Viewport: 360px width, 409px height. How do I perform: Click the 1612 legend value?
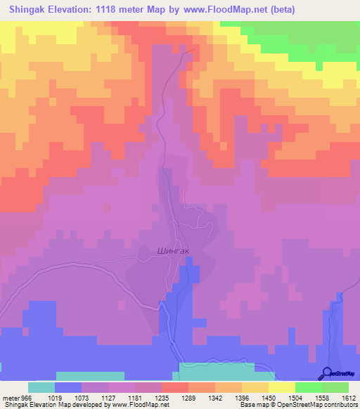(349, 397)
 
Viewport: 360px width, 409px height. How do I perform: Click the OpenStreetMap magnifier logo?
(327, 374)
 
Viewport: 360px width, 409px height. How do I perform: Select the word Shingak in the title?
(28, 9)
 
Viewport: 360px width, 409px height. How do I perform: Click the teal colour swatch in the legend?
(41, 387)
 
